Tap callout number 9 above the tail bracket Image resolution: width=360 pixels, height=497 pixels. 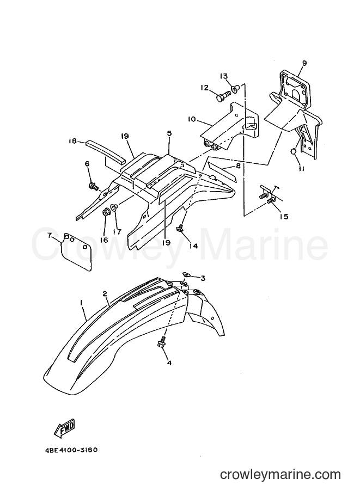pos(304,63)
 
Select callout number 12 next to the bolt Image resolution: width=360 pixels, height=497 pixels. pos(205,88)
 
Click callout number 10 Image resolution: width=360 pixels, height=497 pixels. pos(192,120)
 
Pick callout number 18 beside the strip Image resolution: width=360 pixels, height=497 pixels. pos(72,142)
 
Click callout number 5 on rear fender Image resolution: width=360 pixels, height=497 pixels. pos(169,133)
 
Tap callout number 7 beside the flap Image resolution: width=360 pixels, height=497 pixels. pos(49,236)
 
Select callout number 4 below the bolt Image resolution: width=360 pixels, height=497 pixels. pos(169,363)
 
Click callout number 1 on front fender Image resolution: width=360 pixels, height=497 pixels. pos(82,303)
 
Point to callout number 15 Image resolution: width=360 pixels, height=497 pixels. pos(284,217)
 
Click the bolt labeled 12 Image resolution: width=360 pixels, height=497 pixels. pos(222,95)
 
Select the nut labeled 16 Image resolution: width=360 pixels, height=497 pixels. pos(105,212)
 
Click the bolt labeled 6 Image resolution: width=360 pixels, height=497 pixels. pos(94,185)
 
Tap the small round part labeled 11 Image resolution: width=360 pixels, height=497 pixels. pos(294,152)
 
